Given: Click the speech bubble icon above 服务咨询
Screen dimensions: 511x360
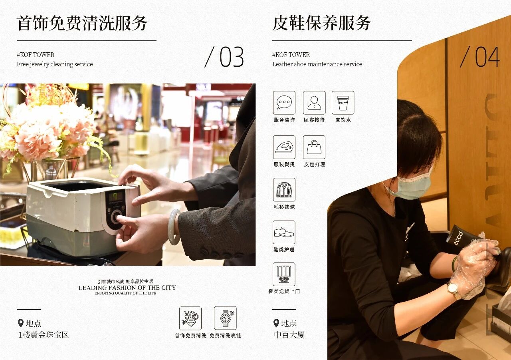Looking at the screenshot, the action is coord(284,103).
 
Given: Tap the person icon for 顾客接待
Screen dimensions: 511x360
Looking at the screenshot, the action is coord(314,103).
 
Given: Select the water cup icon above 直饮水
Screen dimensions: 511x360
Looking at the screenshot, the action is coord(343,103).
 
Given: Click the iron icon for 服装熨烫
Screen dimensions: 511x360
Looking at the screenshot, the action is coord(284,147).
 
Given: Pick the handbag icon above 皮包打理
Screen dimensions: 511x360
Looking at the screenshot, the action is coord(314,147).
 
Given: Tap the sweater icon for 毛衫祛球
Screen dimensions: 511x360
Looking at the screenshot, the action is coord(284,190).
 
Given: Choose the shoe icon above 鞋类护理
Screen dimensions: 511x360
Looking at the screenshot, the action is coord(284,233).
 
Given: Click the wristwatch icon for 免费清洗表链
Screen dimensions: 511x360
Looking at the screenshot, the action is coord(225,318).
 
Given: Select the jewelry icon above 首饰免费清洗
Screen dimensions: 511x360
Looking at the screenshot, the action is coord(190,318).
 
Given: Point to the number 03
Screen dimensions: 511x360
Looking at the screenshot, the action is coord(232,57).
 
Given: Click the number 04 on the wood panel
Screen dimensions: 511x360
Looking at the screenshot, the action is coord(487,57).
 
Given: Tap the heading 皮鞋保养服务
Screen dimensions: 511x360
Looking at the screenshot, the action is coord(321,23).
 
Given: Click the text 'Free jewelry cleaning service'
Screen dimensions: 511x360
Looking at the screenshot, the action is coord(55,64).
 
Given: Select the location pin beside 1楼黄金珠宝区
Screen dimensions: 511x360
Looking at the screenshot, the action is coord(21,323).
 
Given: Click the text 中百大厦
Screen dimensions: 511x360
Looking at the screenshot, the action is coord(289,335).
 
